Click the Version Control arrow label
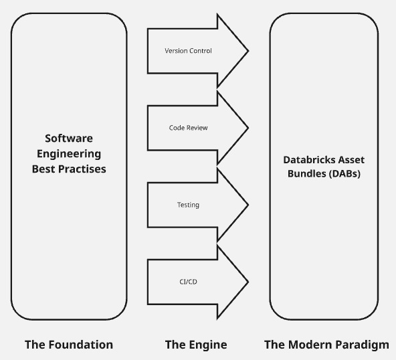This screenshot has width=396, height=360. [x=188, y=51]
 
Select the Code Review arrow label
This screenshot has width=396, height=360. [x=188, y=128]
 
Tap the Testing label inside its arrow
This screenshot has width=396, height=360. [x=188, y=205]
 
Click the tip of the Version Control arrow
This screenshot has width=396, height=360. [x=248, y=51]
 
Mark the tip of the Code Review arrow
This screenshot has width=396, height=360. [x=248, y=128]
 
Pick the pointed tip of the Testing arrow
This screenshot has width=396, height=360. [x=248, y=205]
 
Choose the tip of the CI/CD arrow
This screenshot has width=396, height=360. [x=248, y=282]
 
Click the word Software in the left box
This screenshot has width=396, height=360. [x=69, y=139]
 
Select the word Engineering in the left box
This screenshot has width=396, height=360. [x=69, y=154]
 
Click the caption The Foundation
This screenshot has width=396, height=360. [x=69, y=345]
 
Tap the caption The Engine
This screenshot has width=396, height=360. [x=196, y=345]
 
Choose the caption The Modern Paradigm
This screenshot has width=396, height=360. [x=326, y=345]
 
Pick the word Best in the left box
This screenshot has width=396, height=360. [x=43, y=169]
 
